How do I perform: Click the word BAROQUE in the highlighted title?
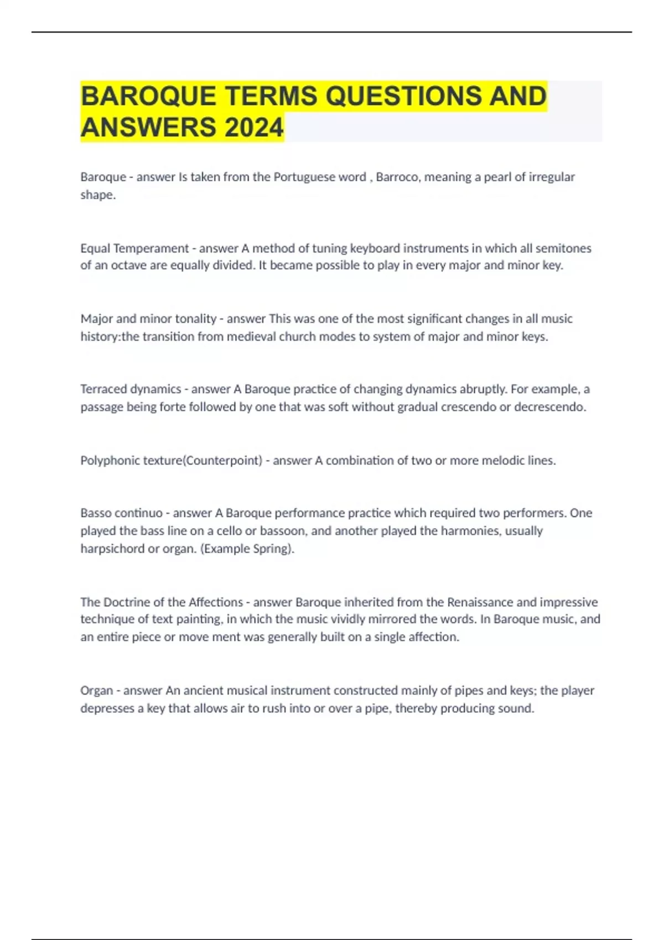tap(148, 96)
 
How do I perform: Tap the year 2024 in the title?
tap(254, 128)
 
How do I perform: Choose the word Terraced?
tap(103, 389)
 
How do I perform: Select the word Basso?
tap(95, 513)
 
